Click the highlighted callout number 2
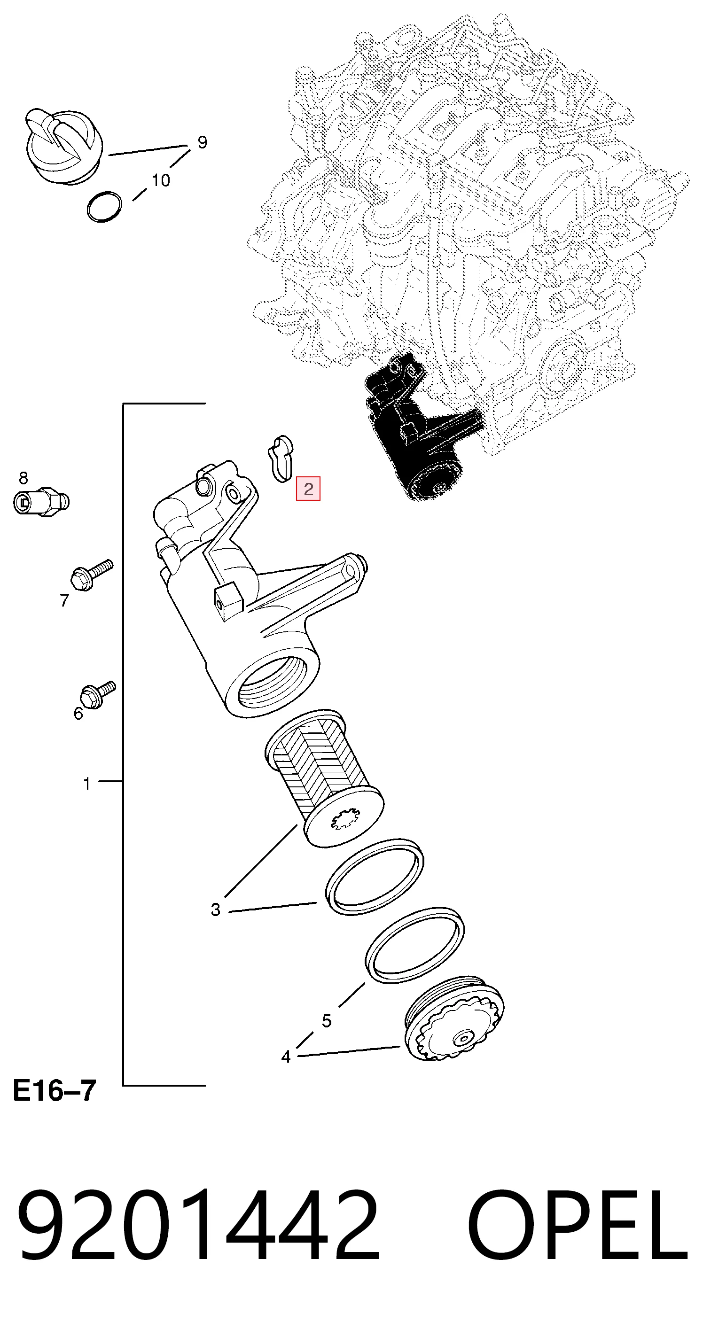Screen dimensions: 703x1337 (x=308, y=489)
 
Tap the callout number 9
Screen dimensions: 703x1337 (x=203, y=142)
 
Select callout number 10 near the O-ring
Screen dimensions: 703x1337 (x=161, y=180)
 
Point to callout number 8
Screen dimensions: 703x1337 (x=23, y=477)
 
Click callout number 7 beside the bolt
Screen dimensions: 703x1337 (x=64, y=600)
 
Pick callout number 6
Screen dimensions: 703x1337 (x=78, y=714)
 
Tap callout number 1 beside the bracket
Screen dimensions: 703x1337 (x=87, y=783)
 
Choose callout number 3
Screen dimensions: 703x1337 (x=216, y=909)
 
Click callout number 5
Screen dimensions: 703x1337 (x=326, y=1021)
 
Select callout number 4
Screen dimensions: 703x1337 (x=286, y=1056)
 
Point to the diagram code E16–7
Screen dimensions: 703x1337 (x=55, y=1090)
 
